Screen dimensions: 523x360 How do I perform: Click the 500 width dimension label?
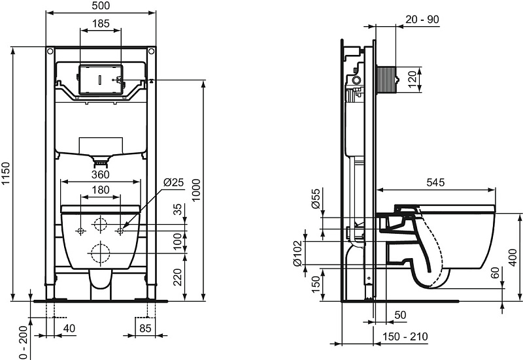[x=100, y=6]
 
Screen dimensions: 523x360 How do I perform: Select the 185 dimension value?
[x=101, y=24]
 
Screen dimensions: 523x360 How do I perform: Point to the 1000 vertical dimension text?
[x=196, y=189]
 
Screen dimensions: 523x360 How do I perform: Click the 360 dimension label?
[x=101, y=174]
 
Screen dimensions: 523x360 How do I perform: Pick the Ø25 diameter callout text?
[x=174, y=182]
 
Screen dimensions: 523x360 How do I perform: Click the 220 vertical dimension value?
[x=178, y=277]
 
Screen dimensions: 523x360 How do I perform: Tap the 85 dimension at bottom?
[x=145, y=329]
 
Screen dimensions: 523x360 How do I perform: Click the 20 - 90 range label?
[x=422, y=20]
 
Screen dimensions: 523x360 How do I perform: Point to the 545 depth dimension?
[x=435, y=182]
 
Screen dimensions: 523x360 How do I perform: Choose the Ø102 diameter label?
[x=297, y=254]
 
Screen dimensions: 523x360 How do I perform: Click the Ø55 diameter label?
[x=316, y=199]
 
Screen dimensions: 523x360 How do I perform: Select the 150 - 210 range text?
[x=405, y=336]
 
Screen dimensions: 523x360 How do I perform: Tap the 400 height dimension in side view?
[x=514, y=257]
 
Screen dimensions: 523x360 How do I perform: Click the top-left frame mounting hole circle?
[x=50, y=52]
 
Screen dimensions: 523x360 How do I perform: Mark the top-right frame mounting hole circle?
[x=151, y=52]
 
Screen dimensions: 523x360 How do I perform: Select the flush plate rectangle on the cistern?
[x=101, y=80]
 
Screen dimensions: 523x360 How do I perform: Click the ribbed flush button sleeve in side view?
[x=386, y=80]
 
